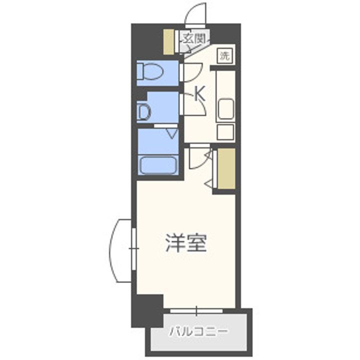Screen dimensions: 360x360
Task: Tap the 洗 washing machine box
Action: pos(225,56)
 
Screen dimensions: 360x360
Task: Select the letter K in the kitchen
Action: pos(199,92)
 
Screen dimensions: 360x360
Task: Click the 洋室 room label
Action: pos(186,243)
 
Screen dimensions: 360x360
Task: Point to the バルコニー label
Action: pos(198,331)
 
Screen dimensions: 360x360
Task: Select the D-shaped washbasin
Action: pos(144,112)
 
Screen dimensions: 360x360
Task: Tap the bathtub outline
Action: pos(158,165)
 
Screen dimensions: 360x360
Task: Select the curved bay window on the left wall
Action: pos(120,250)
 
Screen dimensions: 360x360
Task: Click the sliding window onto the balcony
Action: pos(196,311)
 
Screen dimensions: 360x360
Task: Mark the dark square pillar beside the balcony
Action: pos(148,310)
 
